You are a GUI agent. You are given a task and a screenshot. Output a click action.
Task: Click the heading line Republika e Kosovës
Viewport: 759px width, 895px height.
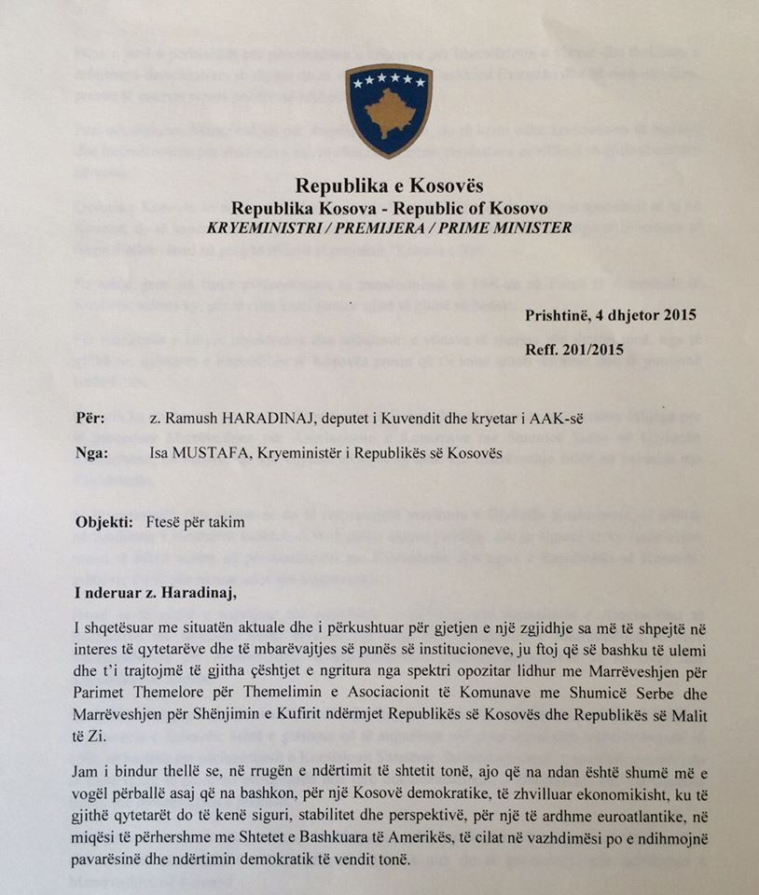tap(389, 186)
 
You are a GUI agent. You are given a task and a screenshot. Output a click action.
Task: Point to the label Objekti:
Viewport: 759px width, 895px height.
tap(104, 522)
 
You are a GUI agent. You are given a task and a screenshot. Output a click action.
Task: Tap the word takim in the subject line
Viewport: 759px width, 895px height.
tap(227, 522)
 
